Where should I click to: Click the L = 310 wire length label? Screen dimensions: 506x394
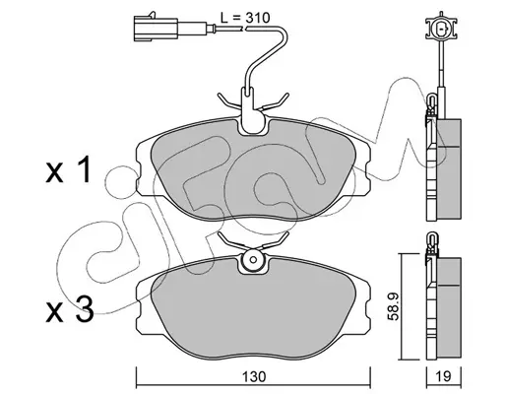[x=245, y=18]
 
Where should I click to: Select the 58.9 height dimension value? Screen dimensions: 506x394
[x=394, y=306]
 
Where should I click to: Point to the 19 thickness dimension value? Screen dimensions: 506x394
[x=444, y=376]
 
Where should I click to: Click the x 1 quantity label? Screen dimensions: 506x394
[x=68, y=170]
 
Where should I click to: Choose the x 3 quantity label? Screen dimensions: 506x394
[x=70, y=309]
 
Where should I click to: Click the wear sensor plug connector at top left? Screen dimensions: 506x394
[x=156, y=29]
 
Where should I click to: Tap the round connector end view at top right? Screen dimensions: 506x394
[x=441, y=29]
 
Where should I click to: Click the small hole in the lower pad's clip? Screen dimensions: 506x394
[x=253, y=260]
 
